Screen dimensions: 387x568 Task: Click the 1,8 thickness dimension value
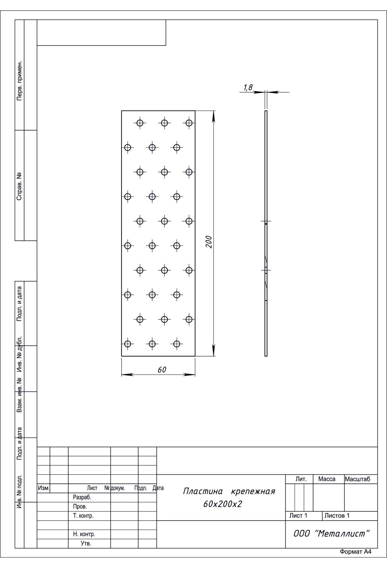(x=248, y=87)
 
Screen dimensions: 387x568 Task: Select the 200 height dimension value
(x=209, y=242)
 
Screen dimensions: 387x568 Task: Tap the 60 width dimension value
(x=162, y=370)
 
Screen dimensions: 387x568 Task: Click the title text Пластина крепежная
(x=229, y=492)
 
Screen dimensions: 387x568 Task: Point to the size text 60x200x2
(x=223, y=504)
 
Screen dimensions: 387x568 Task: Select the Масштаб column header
(x=357, y=479)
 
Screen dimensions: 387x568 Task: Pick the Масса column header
(x=327, y=479)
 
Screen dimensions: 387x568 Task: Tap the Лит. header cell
(x=301, y=479)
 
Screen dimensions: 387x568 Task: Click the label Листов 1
(x=337, y=516)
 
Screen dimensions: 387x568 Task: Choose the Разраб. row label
(x=82, y=498)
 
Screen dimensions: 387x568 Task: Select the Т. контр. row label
(x=83, y=516)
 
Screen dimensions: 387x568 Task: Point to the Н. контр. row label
(x=84, y=534)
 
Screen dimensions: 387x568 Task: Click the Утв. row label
(x=86, y=543)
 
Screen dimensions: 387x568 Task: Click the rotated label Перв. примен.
(x=20, y=80)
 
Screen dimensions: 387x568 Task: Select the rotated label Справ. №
(x=20, y=186)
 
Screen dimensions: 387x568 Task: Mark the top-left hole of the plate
(x=140, y=123)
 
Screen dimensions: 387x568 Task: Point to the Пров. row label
(x=80, y=507)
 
